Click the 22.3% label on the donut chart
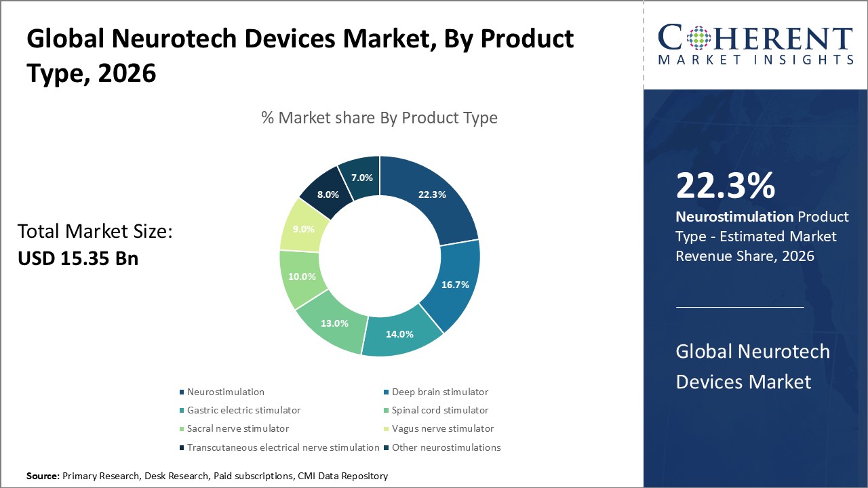432,195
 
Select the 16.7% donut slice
456,285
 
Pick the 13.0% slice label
335,323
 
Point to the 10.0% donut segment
302,277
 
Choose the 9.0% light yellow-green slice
302,228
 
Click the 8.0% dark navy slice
328,195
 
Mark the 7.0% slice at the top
361,178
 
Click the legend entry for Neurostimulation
226,392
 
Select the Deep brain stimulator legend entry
439,392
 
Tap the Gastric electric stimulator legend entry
243,410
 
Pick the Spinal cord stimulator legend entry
439,410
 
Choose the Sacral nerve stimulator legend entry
238,428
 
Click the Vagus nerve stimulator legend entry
442,428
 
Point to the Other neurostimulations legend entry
446,447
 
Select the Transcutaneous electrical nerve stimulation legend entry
283,447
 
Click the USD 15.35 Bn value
78,258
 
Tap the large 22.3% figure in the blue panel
725,186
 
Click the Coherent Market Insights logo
755,45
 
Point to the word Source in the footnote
43,476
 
